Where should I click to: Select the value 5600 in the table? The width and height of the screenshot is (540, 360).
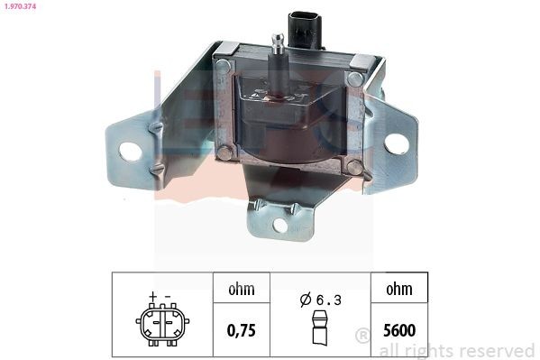(398, 330)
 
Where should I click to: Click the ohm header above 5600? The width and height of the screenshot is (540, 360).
(398, 290)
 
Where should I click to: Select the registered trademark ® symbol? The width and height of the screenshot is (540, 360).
(362, 336)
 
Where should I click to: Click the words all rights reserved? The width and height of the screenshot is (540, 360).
(456, 350)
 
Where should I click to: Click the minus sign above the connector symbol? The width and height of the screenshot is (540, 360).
(167, 295)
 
